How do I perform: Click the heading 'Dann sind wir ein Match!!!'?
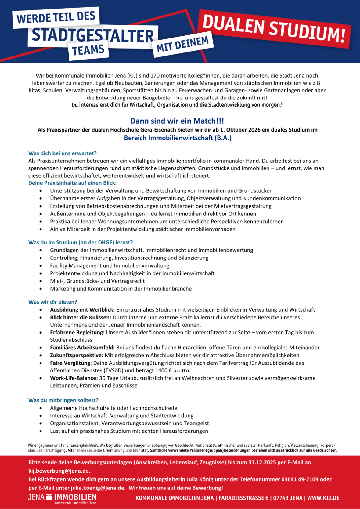pos(177,121)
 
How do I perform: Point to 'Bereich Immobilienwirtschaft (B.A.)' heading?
pos(178,138)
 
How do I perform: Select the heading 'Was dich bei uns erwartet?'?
pos(63,153)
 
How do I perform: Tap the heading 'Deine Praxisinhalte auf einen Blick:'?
pos(72,183)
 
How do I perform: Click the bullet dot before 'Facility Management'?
pos(41,266)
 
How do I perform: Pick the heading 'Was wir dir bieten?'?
pos(53,302)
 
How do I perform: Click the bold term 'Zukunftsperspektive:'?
pos(77,355)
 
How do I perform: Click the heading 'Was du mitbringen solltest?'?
pos(63,400)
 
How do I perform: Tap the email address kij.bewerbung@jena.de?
pos(59,471)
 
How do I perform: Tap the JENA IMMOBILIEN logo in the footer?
pos(62,498)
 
